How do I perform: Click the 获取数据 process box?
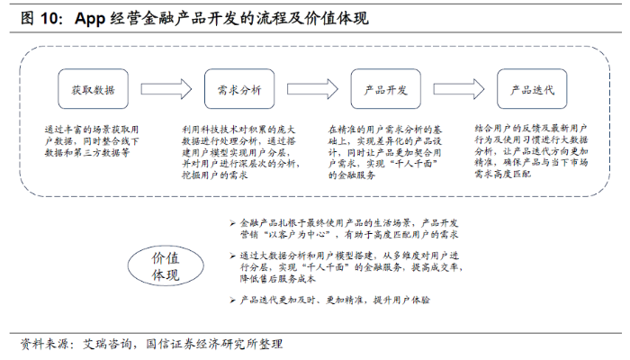tap(94, 89)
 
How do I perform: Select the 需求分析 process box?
tap(239, 89)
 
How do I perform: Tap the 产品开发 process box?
tap(386, 89)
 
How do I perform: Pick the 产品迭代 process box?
tap(532, 89)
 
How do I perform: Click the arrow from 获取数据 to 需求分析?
tap(166, 89)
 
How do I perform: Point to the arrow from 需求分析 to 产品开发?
tap(312, 89)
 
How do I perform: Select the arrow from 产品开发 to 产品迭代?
tap(459, 89)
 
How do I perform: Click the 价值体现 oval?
tap(166, 266)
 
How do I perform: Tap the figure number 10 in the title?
tap(49, 18)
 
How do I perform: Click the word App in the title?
tap(90, 19)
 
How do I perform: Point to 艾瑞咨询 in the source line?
tap(107, 345)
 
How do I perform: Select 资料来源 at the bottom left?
tap(44, 345)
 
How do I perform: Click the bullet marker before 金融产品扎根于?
tap(232, 223)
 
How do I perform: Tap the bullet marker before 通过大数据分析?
tap(232, 256)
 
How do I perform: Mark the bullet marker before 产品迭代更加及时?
tap(232, 300)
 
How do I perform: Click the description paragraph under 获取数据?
tap(92, 141)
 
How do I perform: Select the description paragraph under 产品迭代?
tap(531, 151)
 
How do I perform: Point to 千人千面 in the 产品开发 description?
tap(413, 164)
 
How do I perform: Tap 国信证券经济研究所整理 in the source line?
tap(214, 345)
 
